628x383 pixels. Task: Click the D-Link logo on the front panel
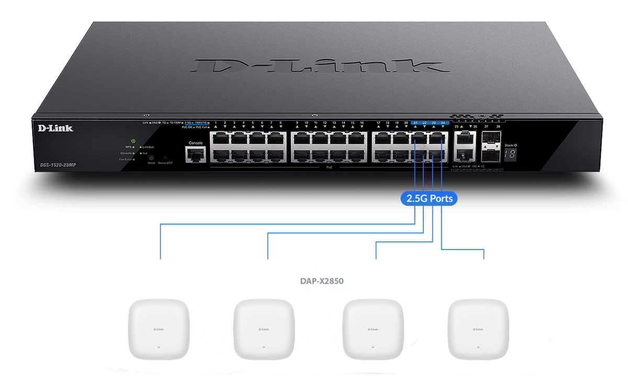point(55,128)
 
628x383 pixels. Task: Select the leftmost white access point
point(159,329)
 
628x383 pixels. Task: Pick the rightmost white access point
point(478,329)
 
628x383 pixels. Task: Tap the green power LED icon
point(133,141)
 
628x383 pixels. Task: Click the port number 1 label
point(216,122)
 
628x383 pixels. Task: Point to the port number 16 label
point(362,122)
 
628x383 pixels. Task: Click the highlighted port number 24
point(443,122)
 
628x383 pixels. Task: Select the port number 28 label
point(498,127)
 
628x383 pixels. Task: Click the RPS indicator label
point(127,147)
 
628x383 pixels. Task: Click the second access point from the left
point(264,329)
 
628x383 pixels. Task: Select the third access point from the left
point(373,329)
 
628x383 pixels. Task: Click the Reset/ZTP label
point(165,163)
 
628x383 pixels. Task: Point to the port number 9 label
point(297,122)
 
